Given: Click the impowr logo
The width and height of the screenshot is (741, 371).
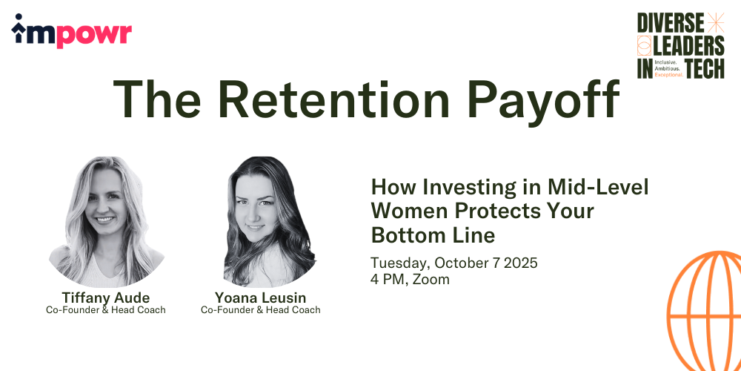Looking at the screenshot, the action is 71,30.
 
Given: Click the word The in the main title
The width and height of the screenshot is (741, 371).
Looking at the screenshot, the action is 156,100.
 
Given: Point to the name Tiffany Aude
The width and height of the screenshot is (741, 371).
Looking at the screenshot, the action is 105,298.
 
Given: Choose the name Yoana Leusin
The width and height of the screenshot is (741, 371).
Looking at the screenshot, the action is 260,298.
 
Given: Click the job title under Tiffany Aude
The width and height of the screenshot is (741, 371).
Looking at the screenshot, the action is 106,310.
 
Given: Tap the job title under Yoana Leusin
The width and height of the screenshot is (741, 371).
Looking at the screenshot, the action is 260,310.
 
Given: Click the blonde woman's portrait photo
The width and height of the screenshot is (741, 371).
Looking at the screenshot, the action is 106,221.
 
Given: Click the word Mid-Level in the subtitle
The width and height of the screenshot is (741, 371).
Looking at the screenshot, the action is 598,188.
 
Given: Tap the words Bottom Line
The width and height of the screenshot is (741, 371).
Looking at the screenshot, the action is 433,234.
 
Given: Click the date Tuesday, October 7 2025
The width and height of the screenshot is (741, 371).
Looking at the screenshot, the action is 454,263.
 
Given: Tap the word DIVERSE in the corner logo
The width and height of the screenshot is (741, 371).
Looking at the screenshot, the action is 670,23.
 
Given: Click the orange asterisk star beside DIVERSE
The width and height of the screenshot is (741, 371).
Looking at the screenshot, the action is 716,23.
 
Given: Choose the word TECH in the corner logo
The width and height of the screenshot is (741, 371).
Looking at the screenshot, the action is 705,68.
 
